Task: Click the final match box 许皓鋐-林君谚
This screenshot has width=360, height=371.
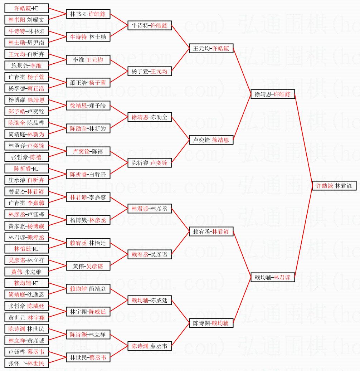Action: click(334, 186)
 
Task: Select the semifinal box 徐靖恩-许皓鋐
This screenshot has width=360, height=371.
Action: click(273, 94)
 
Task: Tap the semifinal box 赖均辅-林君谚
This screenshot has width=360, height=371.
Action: click(273, 277)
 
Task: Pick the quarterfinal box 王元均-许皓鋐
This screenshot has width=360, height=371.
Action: click(211, 48)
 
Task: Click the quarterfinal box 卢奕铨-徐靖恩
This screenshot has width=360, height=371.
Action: click(211, 140)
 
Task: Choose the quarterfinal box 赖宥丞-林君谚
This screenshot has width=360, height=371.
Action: click(211, 231)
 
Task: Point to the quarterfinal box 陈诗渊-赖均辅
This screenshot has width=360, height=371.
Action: click(211, 323)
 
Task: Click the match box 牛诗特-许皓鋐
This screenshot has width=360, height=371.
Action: click(150, 25)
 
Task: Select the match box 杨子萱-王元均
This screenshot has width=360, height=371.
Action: click(150, 71)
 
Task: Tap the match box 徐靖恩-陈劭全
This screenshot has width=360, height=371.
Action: click(150, 117)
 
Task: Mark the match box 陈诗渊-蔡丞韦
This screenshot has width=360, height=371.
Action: click(150, 346)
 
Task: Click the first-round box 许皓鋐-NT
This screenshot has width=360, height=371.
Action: click(26, 8)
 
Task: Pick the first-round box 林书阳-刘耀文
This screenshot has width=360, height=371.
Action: click(26, 20)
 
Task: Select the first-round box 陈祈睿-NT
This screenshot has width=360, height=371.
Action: click(26, 169)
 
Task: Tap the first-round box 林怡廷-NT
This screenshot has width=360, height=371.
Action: click(26, 249)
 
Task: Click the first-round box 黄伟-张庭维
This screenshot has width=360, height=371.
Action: click(26, 272)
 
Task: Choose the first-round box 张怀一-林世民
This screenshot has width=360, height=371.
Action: click(26, 363)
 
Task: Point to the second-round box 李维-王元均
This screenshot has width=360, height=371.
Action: click(88, 60)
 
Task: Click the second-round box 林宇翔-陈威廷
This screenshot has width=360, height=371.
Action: click(88, 312)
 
